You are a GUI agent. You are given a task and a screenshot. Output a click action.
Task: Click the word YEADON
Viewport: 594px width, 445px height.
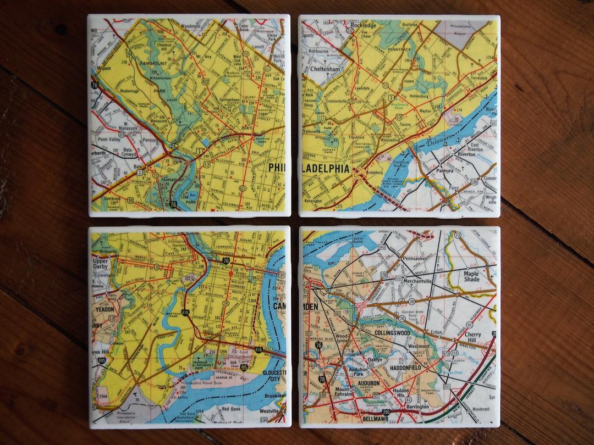[x=104, y=310]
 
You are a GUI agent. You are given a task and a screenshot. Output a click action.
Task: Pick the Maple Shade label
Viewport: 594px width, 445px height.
[x=471, y=276]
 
